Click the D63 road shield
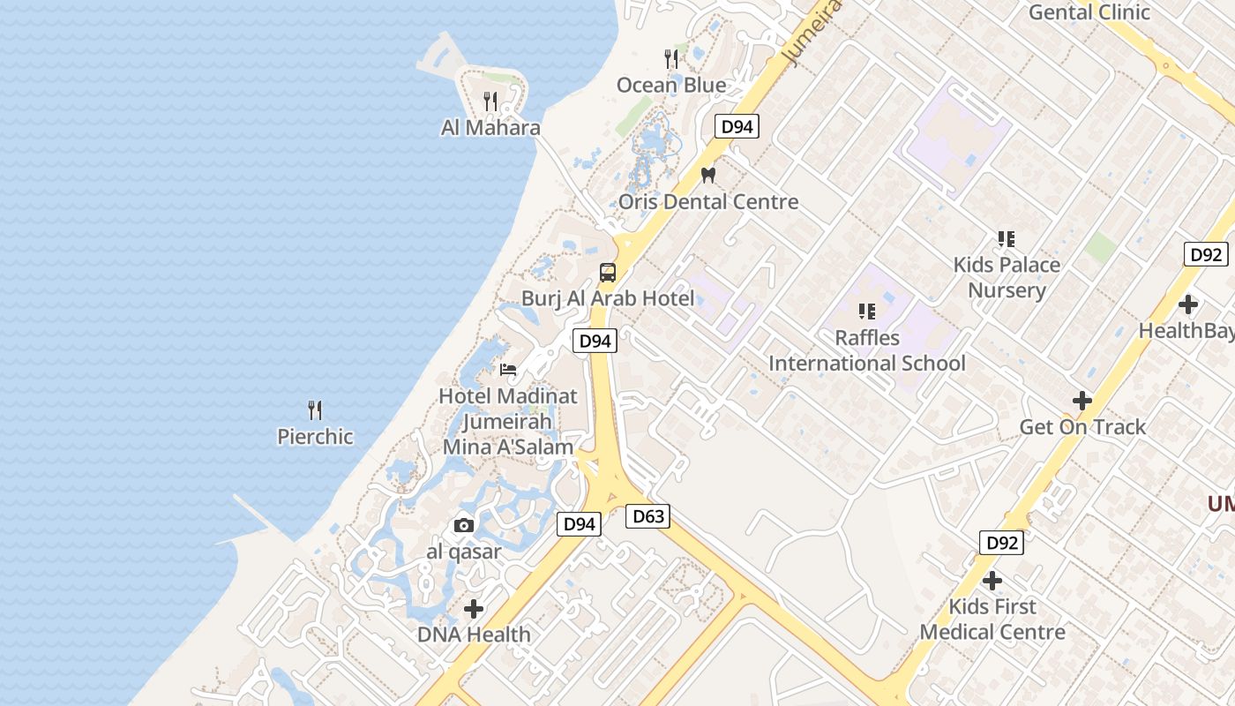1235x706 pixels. (647, 516)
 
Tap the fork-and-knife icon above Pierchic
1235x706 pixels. (315, 409)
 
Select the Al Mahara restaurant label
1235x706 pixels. (490, 128)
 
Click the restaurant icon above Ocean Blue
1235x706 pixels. (672, 59)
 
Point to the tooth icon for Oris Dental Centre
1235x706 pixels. (707, 175)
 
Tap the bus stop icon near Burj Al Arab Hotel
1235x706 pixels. (608, 272)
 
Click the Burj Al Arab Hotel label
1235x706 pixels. (608, 298)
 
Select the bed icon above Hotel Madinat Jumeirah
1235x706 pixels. (508, 369)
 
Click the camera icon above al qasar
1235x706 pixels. (463, 526)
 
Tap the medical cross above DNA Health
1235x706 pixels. (474, 608)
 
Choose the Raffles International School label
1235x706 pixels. (867, 350)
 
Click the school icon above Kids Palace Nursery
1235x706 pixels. (1006, 238)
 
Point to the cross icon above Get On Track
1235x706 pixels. (1082, 401)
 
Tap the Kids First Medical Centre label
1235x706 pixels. (992, 620)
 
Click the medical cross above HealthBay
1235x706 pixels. (1188, 304)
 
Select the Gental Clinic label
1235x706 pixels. (1089, 12)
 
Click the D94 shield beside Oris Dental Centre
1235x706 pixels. (737, 126)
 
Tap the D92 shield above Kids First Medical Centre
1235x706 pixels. (1001, 543)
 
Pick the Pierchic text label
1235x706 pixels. (315, 437)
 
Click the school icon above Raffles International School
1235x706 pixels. (867, 311)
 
